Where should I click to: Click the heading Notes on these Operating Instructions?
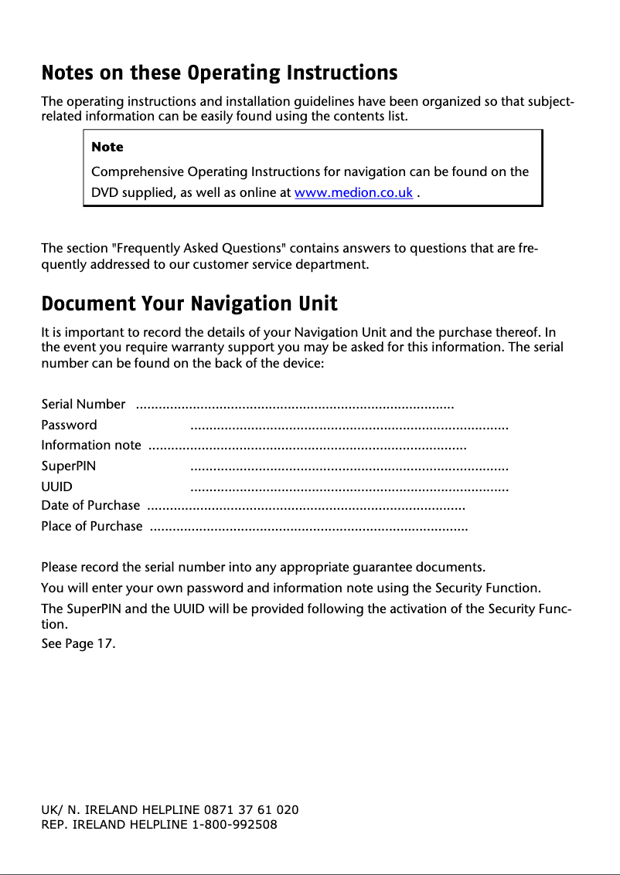[219, 73]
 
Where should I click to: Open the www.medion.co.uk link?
[353, 193]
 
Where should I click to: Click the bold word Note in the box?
[107, 147]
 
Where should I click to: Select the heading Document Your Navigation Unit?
[189, 303]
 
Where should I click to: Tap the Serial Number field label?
[83, 404]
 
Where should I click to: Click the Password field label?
[69, 425]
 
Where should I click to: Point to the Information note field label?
[90, 445]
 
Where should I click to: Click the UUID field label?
[56, 487]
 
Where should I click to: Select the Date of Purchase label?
[90, 506]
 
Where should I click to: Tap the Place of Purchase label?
[91, 527]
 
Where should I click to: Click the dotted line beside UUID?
[349, 488]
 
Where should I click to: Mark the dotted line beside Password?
[349, 426]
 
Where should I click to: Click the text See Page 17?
[78, 644]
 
